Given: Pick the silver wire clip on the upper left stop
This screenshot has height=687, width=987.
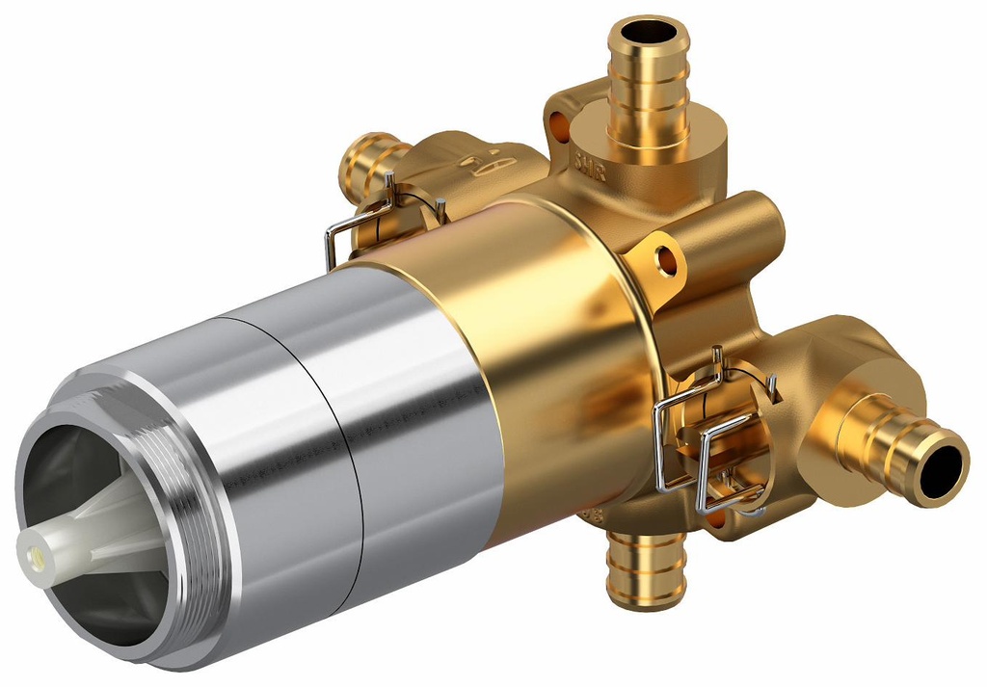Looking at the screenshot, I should [x=381, y=217].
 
